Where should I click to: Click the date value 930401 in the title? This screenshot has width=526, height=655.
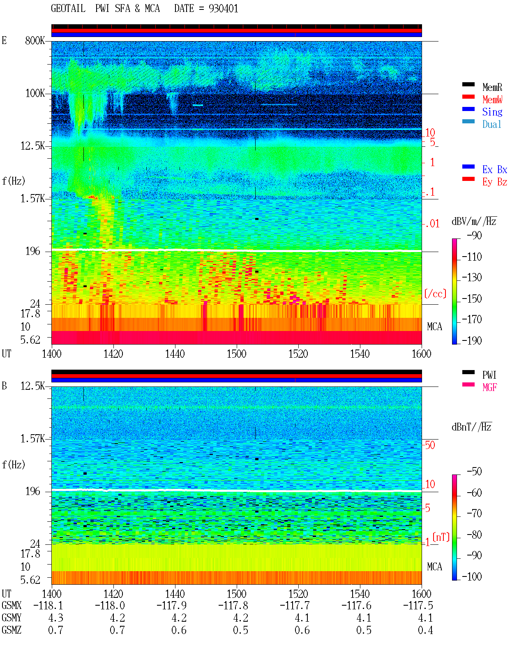(223, 9)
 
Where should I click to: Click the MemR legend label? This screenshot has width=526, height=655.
(492, 87)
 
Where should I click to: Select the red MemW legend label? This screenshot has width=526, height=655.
(492, 100)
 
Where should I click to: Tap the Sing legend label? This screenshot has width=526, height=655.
(492, 112)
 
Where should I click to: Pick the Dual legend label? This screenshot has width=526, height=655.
(491, 124)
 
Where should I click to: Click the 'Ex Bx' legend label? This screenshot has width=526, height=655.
(494, 169)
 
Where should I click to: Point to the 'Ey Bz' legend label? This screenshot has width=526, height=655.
(494, 182)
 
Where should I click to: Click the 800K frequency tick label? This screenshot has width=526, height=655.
(35, 40)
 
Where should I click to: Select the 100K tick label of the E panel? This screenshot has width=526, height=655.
(35, 93)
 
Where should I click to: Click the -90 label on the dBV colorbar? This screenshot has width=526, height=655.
(474, 235)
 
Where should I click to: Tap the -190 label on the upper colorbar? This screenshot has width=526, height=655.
(471, 340)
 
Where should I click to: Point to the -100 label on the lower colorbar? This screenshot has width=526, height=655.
(471, 576)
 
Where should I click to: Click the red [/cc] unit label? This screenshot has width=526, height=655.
(435, 294)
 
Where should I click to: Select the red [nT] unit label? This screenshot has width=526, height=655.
(441, 537)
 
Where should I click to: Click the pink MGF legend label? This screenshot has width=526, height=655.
(489, 387)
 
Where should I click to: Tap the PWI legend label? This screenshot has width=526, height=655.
(489, 375)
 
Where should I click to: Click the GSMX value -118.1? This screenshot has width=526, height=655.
(48, 606)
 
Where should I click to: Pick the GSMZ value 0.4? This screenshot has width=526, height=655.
(425, 630)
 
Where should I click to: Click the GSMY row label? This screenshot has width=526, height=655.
(12, 618)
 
